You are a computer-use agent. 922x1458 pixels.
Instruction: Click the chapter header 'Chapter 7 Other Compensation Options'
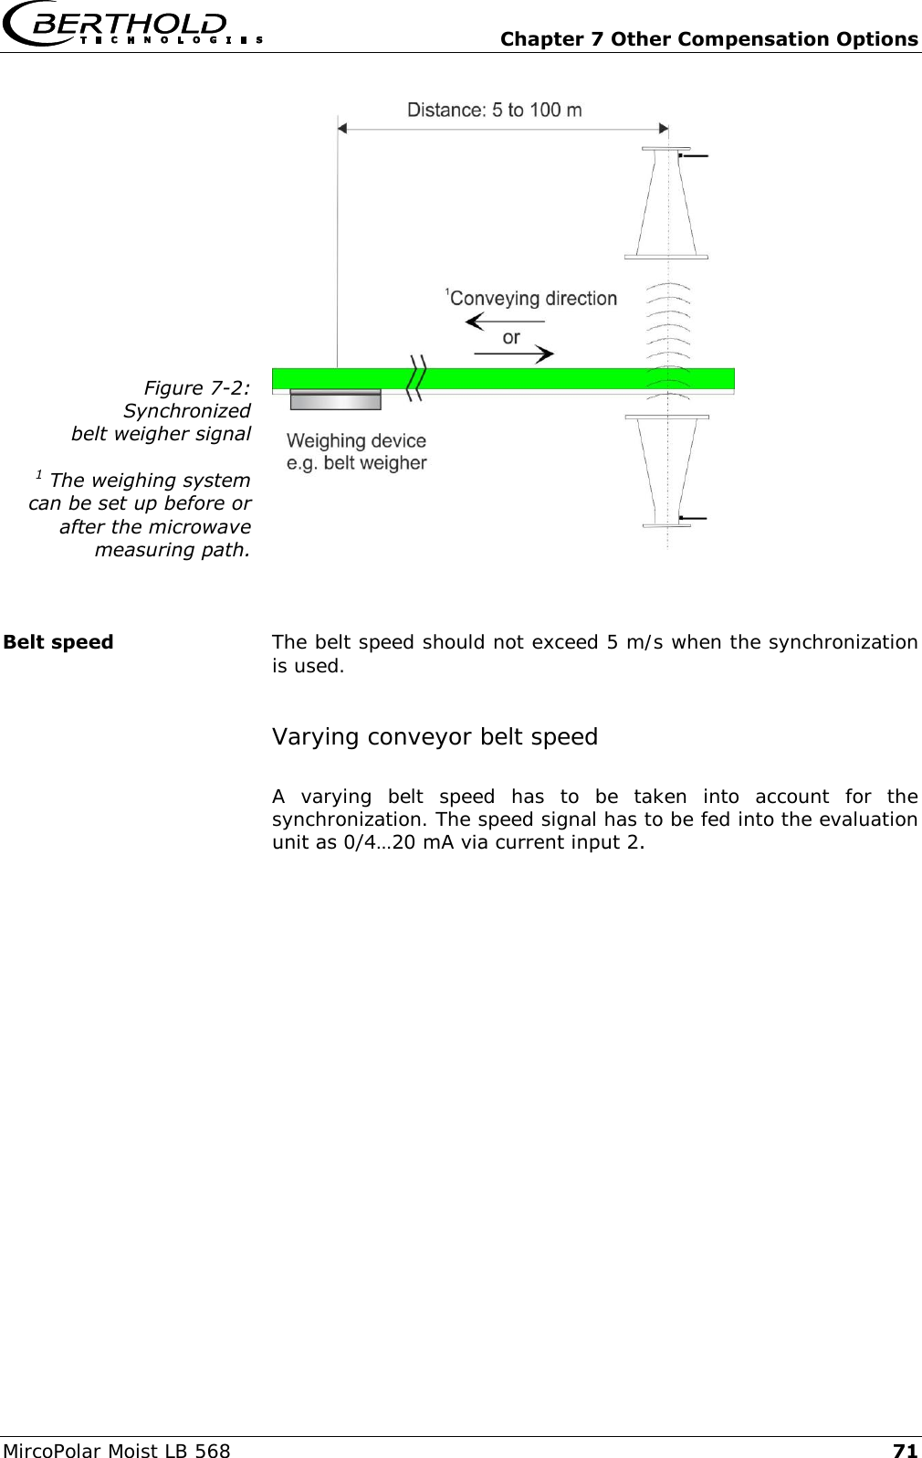point(709,39)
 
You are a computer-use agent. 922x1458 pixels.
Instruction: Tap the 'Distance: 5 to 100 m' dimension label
point(494,110)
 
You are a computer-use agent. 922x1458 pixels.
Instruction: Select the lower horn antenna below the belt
point(666,470)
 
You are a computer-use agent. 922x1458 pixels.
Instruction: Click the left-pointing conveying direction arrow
point(504,322)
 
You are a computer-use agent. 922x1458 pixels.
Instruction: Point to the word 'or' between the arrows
point(511,337)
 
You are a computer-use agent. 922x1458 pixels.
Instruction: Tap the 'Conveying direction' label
point(533,299)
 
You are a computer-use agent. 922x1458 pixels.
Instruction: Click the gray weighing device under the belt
point(335,401)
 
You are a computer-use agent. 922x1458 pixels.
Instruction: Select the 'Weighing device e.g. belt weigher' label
point(357,452)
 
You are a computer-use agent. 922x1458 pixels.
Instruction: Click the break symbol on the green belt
point(416,378)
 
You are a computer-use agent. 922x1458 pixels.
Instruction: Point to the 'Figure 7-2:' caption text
point(197,388)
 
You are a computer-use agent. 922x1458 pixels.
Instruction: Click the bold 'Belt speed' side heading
point(58,642)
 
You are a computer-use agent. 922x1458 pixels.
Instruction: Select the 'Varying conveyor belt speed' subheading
point(435,737)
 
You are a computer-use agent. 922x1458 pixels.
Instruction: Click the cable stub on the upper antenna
point(694,156)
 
